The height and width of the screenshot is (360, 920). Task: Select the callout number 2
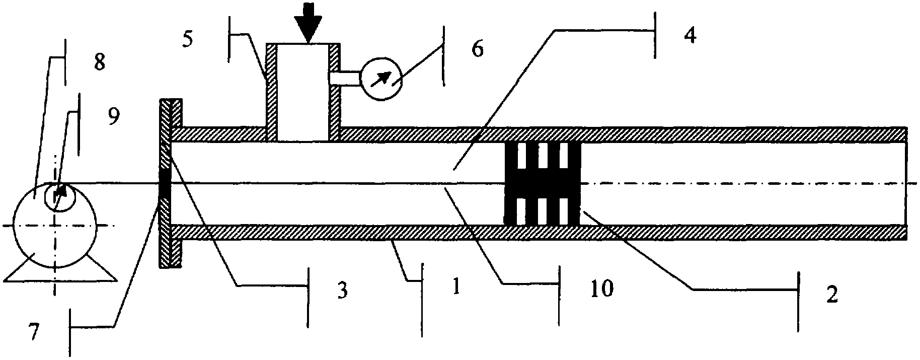click(832, 295)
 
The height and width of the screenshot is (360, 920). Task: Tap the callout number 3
click(342, 291)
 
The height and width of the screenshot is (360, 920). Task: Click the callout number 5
click(187, 40)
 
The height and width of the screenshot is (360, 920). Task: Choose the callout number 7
click(34, 332)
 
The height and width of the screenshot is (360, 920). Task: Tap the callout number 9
click(114, 117)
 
